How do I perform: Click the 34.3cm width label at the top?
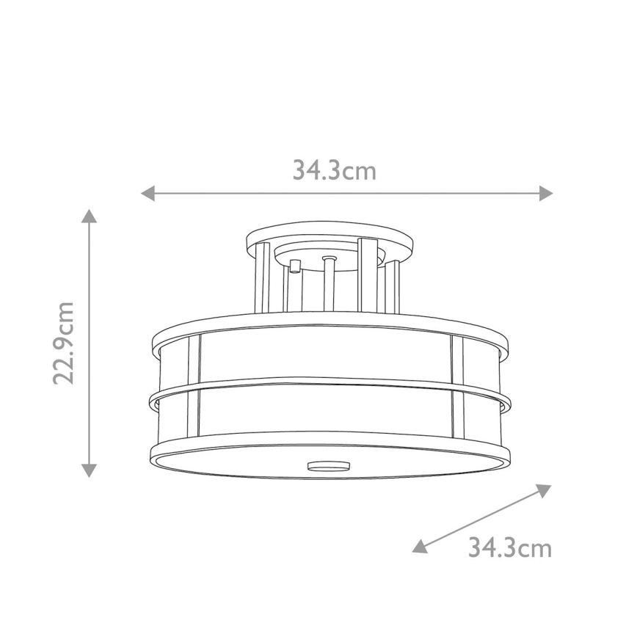(334, 170)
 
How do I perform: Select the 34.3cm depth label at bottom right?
(509, 547)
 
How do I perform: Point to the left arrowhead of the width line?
(148, 193)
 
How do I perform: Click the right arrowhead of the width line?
(545, 193)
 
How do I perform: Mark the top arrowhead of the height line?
(89, 216)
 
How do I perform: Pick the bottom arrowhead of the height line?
(89, 470)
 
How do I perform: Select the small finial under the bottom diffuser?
(330, 465)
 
